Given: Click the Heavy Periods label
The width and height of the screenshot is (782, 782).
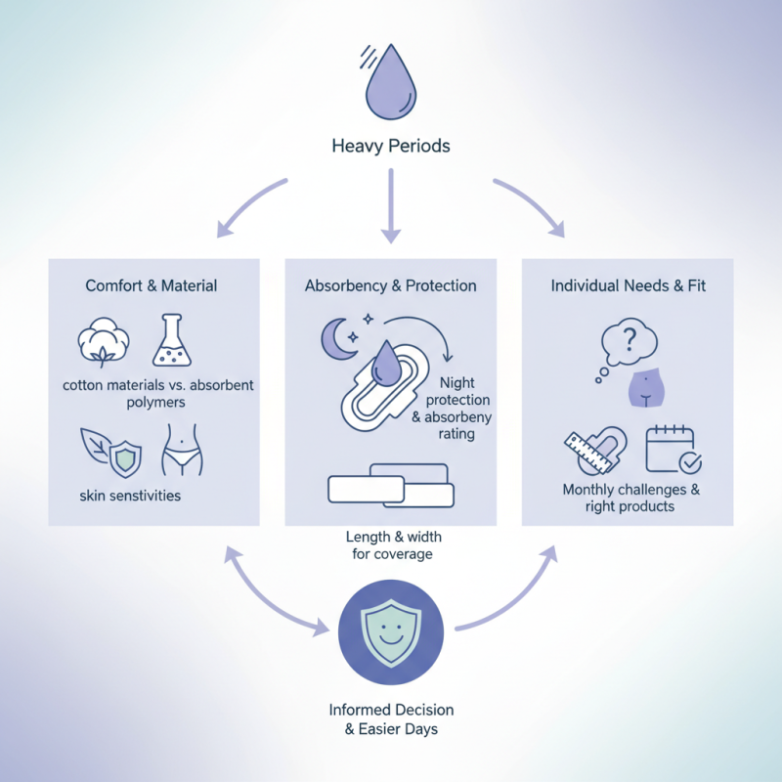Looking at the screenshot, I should tap(390, 148).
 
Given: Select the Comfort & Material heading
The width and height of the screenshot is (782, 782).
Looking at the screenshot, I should tap(152, 285).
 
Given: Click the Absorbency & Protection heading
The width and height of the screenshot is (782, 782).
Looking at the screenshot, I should tap(390, 285).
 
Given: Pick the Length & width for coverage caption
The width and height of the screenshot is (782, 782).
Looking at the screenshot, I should tap(389, 545).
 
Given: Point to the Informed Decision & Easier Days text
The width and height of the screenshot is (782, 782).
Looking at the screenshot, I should tap(390, 719).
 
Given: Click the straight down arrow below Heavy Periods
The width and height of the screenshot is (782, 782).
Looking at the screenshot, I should tap(390, 205).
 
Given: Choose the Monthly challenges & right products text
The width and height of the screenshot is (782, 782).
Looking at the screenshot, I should tap(630, 498).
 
